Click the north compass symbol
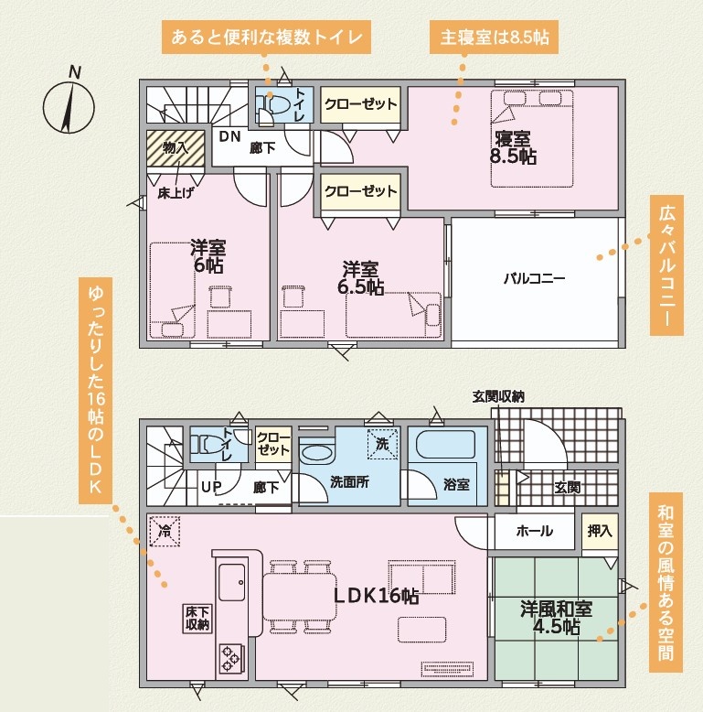coord(69,103)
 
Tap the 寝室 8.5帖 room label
coord(513,147)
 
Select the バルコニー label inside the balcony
coord(534,278)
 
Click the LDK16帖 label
coord(376,595)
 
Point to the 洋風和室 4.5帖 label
coord(556,618)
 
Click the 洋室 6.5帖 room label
coord(360,278)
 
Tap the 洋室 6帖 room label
coord(208,256)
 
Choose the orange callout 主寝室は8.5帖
coord(494,37)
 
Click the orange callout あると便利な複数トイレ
coord(267,37)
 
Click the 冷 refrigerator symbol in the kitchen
coord(165,531)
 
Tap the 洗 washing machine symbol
coord(382,444)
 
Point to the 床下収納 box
coord(197,618)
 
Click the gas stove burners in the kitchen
coord(231,658)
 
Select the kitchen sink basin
coord(232,582)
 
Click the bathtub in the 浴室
coord(445,444)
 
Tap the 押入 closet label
coord(600,531)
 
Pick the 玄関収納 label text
coord(498,396)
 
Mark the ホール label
coord(534,531)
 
